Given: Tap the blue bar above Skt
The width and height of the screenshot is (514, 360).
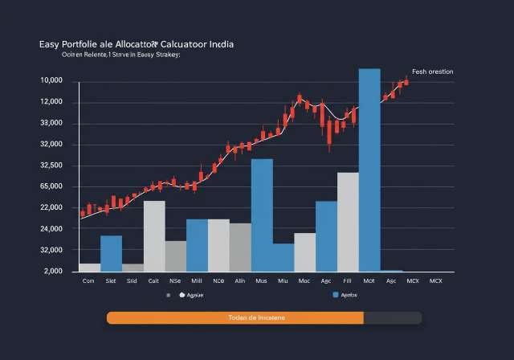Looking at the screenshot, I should coord(111,253).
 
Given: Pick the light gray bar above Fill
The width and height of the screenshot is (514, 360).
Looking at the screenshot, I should coord(348,222).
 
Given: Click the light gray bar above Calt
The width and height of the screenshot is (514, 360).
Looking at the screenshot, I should coord(154,235).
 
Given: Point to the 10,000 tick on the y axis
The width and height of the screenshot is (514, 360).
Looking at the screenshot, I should coord(51,81).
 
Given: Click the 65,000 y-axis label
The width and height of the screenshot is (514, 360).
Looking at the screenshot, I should coord(51,187).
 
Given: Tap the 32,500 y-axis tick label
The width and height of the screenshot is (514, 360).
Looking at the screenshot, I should coord(51,166).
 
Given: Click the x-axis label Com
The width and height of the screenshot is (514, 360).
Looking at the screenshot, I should coord(89,281).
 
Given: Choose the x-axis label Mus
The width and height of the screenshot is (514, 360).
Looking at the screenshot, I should coord(261,281).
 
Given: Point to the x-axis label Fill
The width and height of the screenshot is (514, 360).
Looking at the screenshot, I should coord(347,281).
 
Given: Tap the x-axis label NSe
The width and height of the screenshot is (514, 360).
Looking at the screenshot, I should coord(175,281).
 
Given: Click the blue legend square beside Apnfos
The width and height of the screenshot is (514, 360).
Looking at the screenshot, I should coord(334,295).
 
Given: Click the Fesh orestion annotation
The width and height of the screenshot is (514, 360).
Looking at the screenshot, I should coord(432,72).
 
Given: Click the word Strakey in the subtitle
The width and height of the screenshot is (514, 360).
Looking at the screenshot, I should coord(164,56).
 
